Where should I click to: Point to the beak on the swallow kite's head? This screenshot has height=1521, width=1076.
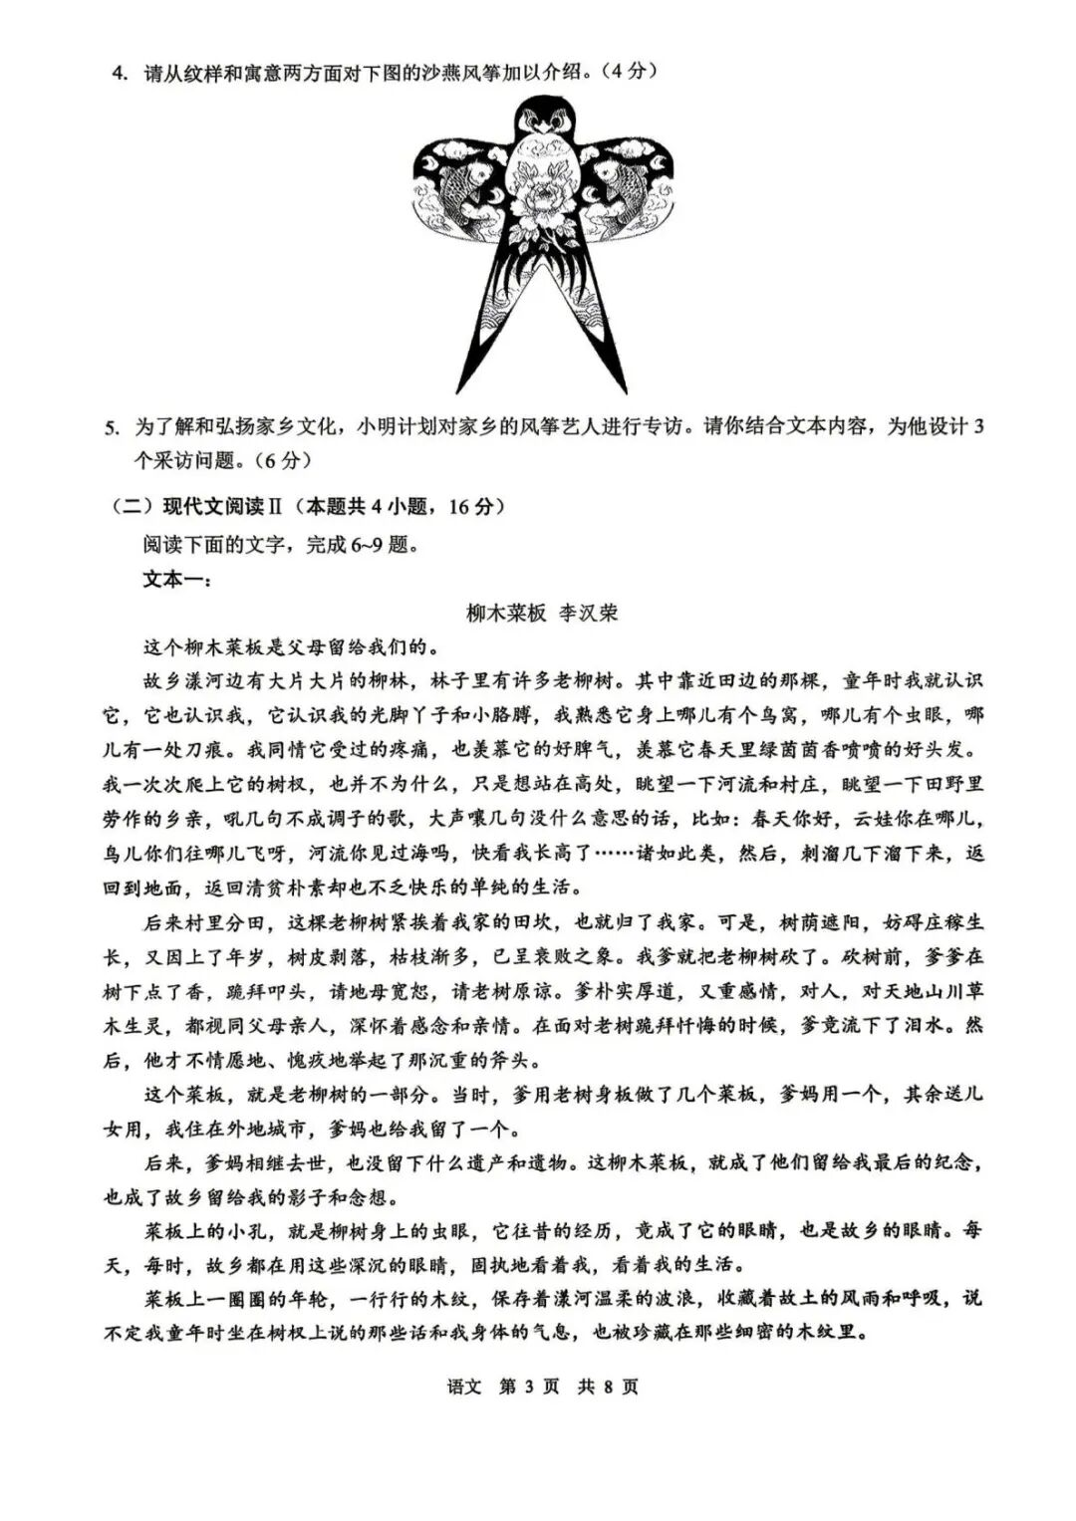543,127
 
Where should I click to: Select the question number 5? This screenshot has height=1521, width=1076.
112,427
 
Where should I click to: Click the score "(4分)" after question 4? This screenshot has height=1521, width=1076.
631,73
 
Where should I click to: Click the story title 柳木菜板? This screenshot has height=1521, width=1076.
506,613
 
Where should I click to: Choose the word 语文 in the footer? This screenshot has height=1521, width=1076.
464,1387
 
